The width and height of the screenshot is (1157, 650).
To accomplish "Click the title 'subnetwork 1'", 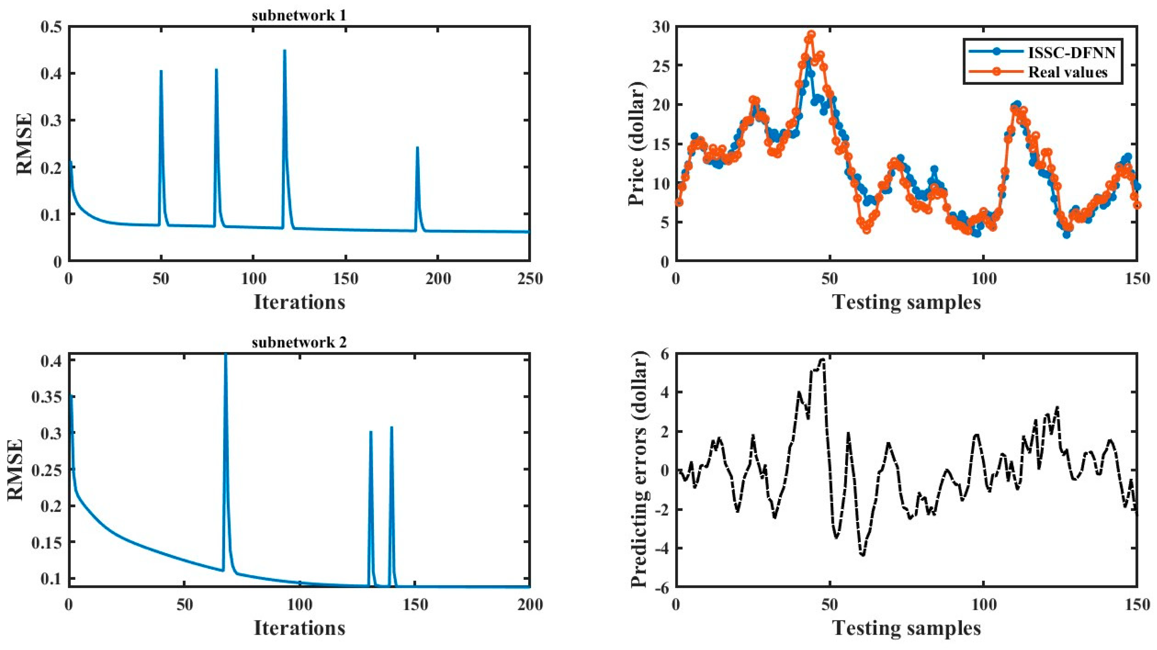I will click(299, 16).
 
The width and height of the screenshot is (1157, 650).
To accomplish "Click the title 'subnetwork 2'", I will click(299, 343).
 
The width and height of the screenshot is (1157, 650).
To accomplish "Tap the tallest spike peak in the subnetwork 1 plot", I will click(284, 51).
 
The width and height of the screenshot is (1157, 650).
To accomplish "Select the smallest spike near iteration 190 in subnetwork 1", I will click(417, 147).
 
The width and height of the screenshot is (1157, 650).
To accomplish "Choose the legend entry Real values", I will click(1068, 72).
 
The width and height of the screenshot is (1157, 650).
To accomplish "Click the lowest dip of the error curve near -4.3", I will click(862, 555).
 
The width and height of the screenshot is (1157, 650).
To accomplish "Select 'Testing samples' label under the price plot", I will click(907, 302).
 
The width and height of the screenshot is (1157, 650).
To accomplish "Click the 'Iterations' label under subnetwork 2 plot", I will click(299, 628).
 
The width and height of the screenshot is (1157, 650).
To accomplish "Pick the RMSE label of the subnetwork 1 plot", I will click(25, 144).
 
